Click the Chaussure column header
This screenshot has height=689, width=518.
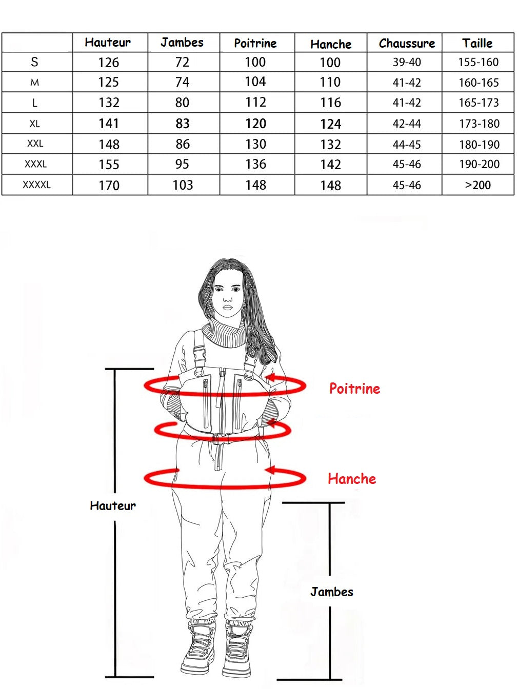407,43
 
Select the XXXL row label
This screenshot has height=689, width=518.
35,164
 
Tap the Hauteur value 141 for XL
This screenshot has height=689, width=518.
109,124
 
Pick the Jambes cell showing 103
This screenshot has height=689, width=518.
183,185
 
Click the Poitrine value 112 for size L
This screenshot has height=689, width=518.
255,103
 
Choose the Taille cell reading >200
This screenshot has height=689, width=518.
478,185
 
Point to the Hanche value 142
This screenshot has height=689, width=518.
330,165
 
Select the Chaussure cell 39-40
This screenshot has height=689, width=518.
407,62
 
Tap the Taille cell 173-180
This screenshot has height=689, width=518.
479,124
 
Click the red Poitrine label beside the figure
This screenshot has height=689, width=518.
354,389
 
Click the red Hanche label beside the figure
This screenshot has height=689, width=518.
352,479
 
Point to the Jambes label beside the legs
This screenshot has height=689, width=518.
332,592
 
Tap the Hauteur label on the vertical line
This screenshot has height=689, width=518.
113,505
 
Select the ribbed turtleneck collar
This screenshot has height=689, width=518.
224,333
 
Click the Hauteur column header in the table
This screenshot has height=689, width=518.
108,43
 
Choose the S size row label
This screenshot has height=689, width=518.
34,62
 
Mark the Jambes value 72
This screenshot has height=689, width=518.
182,62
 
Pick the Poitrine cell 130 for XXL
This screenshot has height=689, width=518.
255,144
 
